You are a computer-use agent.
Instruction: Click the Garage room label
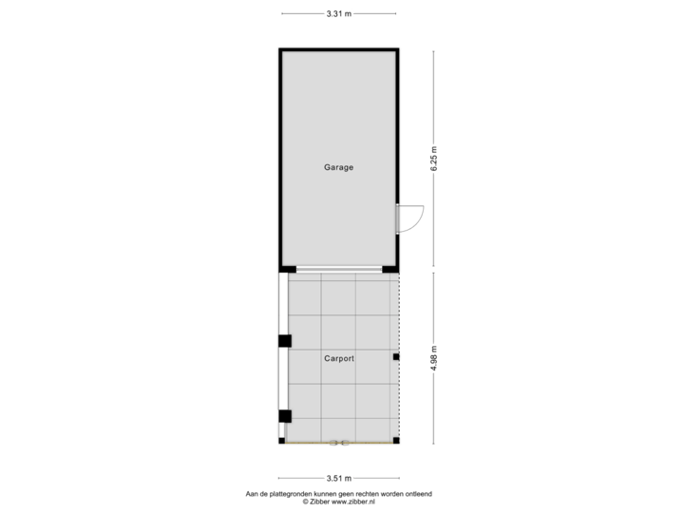338,167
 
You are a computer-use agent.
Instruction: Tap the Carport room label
338,359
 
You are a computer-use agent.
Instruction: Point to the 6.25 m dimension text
434,158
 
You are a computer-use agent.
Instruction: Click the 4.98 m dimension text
434,357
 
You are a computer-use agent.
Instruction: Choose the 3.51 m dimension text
338,478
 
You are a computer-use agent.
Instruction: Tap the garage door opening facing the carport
338,270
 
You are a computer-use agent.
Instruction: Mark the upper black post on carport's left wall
283,341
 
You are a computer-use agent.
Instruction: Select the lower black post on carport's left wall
284,415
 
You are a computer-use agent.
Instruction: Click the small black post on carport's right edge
396,357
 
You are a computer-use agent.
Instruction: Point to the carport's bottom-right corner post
397,440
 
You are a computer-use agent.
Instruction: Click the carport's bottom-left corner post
281,440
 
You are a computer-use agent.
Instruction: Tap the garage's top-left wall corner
280,49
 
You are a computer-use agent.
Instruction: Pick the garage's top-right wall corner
398,49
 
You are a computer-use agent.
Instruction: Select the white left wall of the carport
282,380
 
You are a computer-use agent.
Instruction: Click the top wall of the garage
338,48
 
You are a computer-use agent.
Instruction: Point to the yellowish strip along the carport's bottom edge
338,443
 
